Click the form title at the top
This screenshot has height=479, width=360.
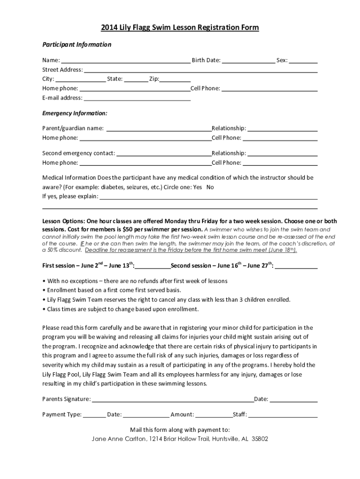pos(180,28)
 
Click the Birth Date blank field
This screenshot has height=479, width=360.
pos(248,60)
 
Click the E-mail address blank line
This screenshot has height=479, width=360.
pos(137,98)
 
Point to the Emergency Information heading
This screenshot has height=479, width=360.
pos(75,114)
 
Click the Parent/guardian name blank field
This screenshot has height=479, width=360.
pos(159,129)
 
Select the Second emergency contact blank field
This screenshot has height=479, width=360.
pos(164,153)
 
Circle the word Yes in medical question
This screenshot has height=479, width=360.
pos(197,187)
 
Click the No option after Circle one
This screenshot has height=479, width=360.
pos(210,187)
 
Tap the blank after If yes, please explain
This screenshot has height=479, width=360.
pos(209,197)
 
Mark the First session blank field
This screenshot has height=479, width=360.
pos(153,266)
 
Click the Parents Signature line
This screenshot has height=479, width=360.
pos(173,399)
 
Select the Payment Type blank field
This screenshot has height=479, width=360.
pos(94,415)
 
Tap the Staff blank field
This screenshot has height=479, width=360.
pos(283,415)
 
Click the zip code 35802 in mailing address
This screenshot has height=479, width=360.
pos(260,439)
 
